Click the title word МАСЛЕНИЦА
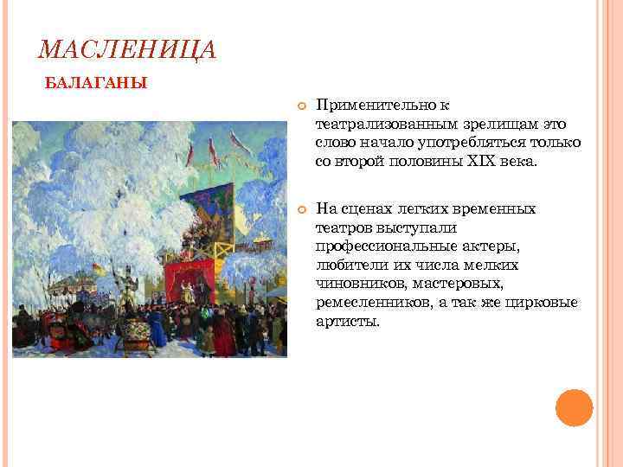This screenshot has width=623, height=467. pyautogui.click(x=127, y=50)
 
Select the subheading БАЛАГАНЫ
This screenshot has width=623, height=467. pyautogui.click(x=95, y=84)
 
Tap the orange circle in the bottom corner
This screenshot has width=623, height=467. pyautogui.click(x=574, y=407)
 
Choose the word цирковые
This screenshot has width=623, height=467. pyautogui.click(x=549, y=303)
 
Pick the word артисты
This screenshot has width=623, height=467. pyautogui.click(x=347, y=322)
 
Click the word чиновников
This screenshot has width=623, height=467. pyautogui.click(x=353, y=284)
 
